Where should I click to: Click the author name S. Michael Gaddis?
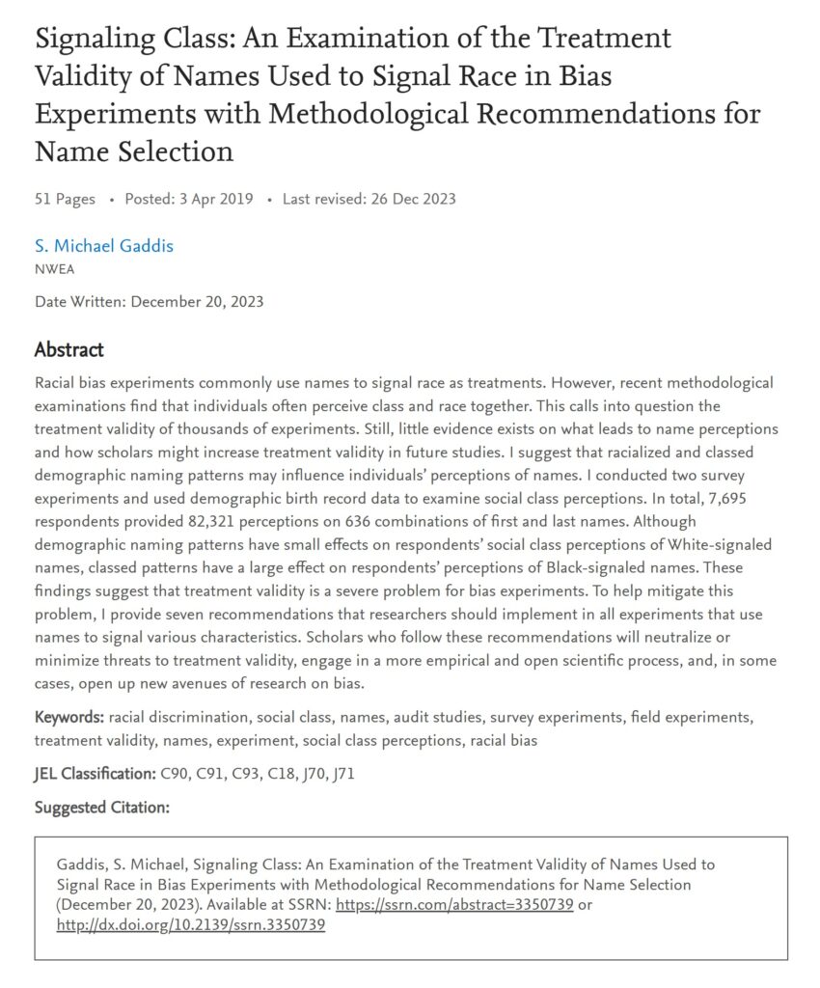pos(104,246)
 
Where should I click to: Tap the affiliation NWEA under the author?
pos(54,269)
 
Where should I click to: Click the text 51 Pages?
pos(65,199)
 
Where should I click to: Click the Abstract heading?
pos(69,349)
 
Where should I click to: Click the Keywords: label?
pos(69,718)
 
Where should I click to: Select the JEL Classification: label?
pos(94,774)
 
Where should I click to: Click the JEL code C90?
pos(176,774)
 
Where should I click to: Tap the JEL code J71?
pos(342,774)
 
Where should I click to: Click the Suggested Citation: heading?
pos(102,808)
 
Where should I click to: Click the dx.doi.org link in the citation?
pos(191,924)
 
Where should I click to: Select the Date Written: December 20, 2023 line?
pos(149,302)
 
